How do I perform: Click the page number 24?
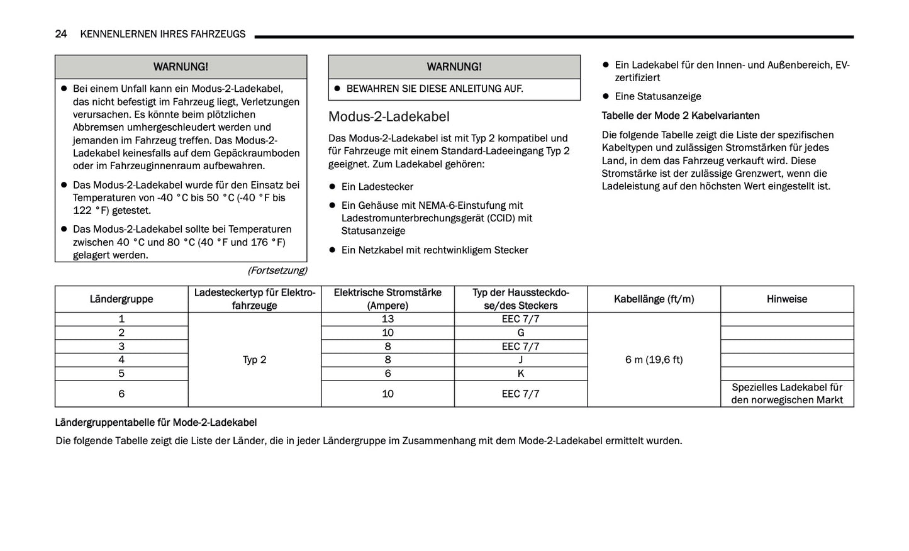(x=61, y=34)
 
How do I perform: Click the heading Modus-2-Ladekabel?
(x=389, y=116)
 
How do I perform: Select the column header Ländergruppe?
(x=121, y=299)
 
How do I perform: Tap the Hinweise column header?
(x=786, y=299)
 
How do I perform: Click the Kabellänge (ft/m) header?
(x=654, y=299)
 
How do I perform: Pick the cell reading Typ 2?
(x=254, y=360)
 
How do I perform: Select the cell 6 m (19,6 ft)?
(x=654, y=360)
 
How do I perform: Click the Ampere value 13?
(x=388, y=319)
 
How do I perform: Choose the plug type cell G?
(x=520, y=333)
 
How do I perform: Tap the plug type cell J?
(x=520, y=360)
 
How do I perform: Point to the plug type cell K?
(x=520, y=374)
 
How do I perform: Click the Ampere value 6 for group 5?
(x=388, y=374)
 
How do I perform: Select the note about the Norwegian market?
(x=786, y=394)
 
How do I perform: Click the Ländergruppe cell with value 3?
(x=121, y=347)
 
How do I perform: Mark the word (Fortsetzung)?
(x=277, y=270)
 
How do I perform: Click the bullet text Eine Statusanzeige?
(x=657, y=96)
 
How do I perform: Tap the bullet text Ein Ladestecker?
(x=377, y=187)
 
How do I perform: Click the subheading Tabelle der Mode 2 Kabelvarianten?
(x=680, y=116)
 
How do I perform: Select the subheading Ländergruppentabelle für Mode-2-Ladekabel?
(x=156, y=423)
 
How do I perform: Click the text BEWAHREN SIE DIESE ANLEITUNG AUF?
(x=434, y=89)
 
